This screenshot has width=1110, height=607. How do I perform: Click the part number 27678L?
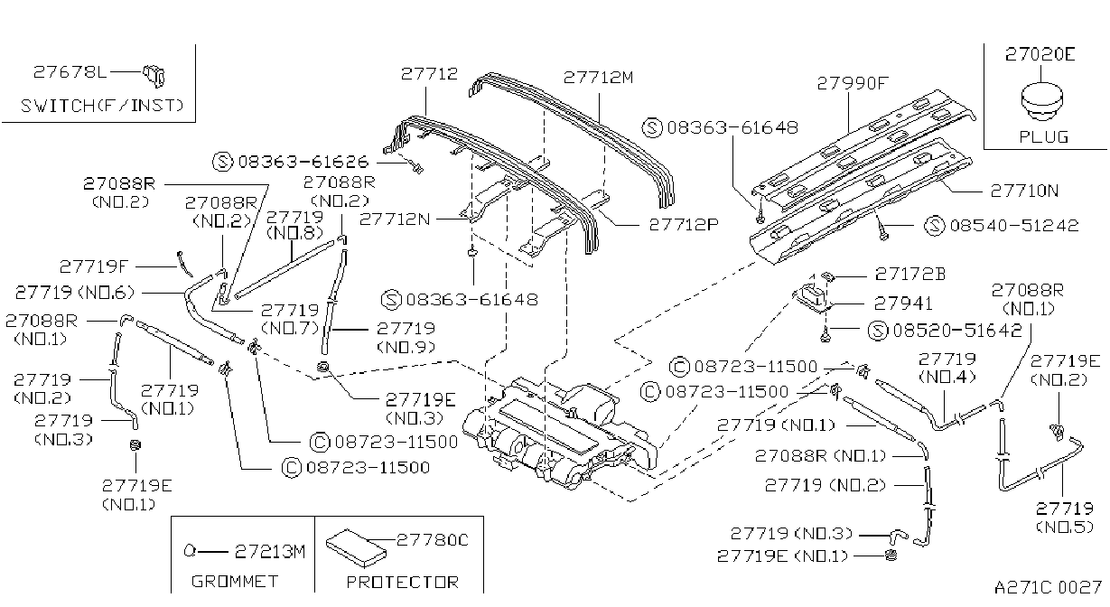pos(70,72)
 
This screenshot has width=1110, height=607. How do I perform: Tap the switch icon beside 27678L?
pos(154,76)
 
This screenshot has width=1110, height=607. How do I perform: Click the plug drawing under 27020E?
pos(1041,103)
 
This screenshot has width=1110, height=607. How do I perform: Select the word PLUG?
pos(1043,136)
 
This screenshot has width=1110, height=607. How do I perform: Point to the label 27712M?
pos(598,78)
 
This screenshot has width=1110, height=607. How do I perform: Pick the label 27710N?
pos(1024,191)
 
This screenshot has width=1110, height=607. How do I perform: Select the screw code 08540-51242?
pos(1014,226)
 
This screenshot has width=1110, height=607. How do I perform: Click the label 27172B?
pos(910,274)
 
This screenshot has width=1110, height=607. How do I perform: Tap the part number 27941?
pos(903,303)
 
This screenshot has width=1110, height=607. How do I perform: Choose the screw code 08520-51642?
pos(957,331)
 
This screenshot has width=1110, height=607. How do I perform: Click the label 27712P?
pos(684,225)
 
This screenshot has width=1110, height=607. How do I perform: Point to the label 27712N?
pos(395,219)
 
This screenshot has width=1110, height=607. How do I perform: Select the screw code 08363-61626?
pos(303,162)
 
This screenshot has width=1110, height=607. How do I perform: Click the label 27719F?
pos(94,267)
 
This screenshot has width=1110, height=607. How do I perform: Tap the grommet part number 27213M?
pos(270,552)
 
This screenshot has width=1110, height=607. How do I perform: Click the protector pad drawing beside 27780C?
pos(356,547)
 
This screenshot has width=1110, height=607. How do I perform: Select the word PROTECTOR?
pos(403,583)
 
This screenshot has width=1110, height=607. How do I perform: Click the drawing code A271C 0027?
pos(1048,588)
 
